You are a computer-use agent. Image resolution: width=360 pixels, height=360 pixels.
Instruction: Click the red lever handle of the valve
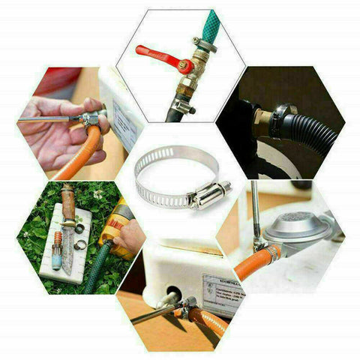(x=154, y=53)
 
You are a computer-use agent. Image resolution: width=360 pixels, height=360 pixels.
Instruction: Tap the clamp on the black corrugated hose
(x=279, y=120)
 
